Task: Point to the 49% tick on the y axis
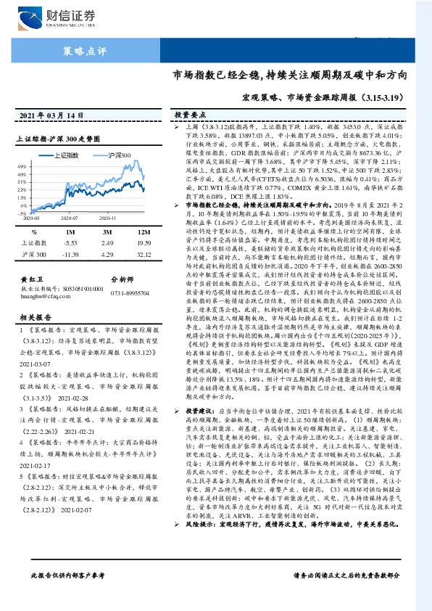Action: click(24, 166)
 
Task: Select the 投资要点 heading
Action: click(190, 115)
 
